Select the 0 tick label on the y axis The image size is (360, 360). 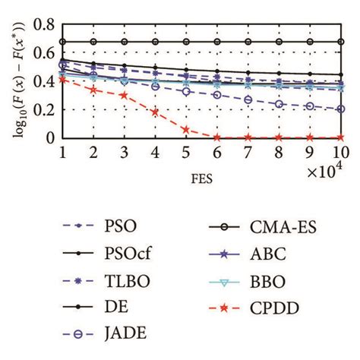click(x=51, y=138)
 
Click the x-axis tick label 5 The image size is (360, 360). click(x=185, y=152)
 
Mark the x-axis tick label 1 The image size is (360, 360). click(x=62, y=152)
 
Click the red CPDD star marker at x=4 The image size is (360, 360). click(x=155, y=112)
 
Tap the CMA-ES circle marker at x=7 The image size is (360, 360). click(x=248, y=42)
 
